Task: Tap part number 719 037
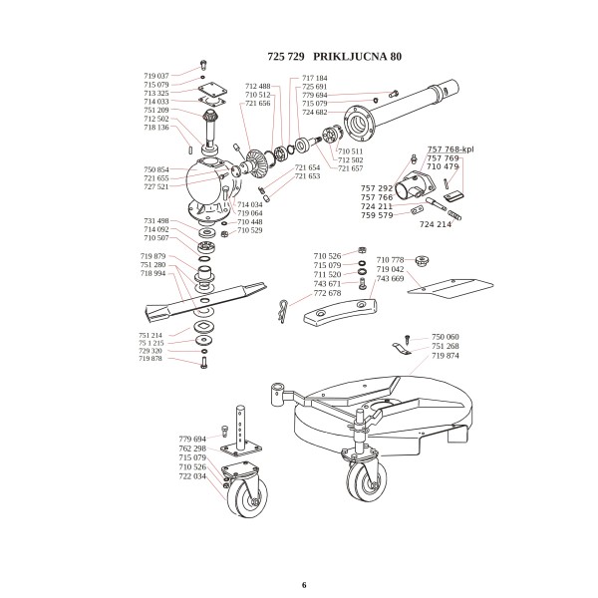pos(156,76)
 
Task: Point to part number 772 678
pos(327,293)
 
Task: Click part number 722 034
pos(192,476)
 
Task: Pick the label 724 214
pos(436,225)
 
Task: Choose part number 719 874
pos(445,356)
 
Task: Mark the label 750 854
pos(156,169)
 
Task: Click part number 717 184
pos(315,78)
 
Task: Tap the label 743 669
pos(390,279)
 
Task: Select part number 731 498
pos(156,220)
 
